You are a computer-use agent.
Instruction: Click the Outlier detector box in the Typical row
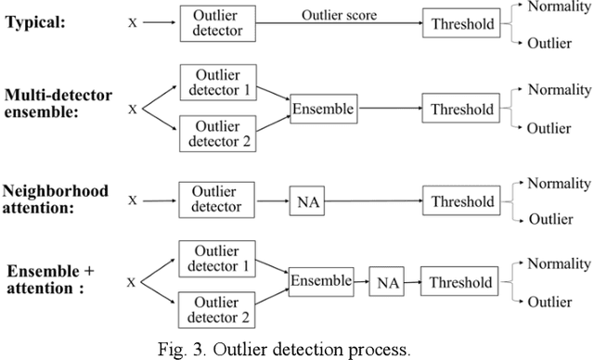(x=214, y=22)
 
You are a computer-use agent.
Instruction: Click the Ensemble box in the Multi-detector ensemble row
(x=323, y=109)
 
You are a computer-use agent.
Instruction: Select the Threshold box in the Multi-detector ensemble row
(x=461, y=109)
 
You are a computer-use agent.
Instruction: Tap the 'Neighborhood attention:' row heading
(x=57, y=200)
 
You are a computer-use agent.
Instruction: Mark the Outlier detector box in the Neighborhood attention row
(x=214, y=200)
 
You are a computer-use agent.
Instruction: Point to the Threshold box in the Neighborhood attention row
(x=461, y=201)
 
